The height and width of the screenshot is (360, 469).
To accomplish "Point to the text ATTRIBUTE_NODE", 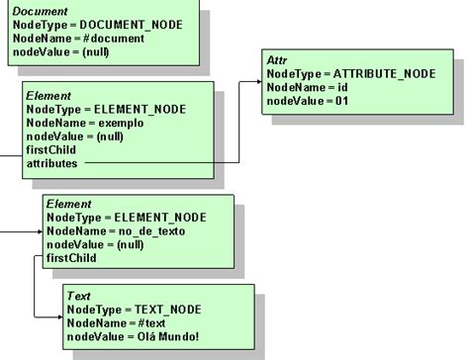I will click(x=379, y=73).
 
